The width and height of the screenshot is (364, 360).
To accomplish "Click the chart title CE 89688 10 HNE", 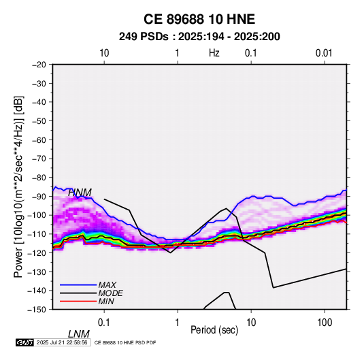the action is pyautogui.click(x=199, y=19).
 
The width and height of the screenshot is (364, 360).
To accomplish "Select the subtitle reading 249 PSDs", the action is pyautogui.click(x=144, y=37).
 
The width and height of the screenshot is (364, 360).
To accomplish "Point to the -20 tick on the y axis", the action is pyautogui.click(x=39, y=65).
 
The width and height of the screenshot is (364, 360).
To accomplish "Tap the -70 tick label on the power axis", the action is pyautogui.click(x=39, y=159).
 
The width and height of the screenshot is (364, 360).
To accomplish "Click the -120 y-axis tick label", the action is pyautogui.click(x=37, y=252).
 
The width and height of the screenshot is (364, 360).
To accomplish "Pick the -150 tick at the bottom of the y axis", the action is pyautogui.click(x=37, y=310).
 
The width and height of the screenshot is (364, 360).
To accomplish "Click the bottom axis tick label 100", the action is pyautogui.click(x=325, y=323).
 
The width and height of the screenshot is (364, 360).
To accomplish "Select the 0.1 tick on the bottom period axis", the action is pyautogui.click(x=103, y=323).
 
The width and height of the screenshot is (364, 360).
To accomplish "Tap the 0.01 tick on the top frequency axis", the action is pyautogui.click(x=324, y=53).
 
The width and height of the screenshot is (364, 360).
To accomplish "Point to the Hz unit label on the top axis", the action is pyautogui.click(x=214, y=53).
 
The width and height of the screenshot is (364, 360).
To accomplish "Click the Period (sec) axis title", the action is pyautogui.click(x=214, y=330).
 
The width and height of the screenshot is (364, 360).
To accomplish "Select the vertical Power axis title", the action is pyautogui.click(x=18, y=187).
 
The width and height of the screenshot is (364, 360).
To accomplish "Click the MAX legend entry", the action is pyautogui.click(x=107, y=285).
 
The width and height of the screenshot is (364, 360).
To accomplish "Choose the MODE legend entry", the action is pyautogui.click(x=110, y=293).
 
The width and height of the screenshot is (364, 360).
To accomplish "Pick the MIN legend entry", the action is pyautogui.click(x=106, y=301).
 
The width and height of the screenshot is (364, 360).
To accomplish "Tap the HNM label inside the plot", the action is pyautogui.click(x=80, y=193).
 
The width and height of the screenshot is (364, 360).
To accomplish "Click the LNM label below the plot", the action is pyautogui.click(x=78, y=334).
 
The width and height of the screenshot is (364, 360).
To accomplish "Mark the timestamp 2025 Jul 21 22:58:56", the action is pyautogui.click(x=62, y=342).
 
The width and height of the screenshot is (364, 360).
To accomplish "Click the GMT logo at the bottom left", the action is pyautogui.click(x=25, y=342).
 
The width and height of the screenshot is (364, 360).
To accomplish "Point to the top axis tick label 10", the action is pyautogui.click(x=104, y=53).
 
